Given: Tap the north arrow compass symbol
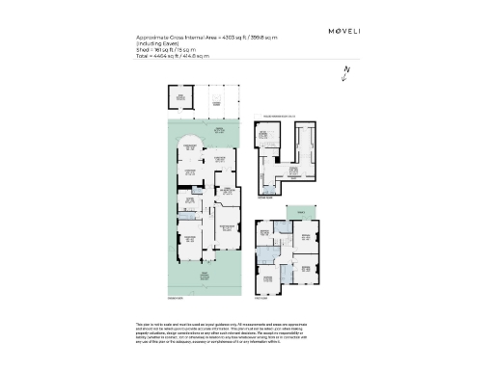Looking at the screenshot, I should tap(344, 74).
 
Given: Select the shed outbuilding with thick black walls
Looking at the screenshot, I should tap(179, 97).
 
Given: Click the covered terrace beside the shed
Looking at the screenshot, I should tap(217, 98).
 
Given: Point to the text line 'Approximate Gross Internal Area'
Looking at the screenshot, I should tap(206, 38).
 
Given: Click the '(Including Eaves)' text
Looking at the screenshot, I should tap(159, 43).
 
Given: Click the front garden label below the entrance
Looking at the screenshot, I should tap(204, 279).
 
